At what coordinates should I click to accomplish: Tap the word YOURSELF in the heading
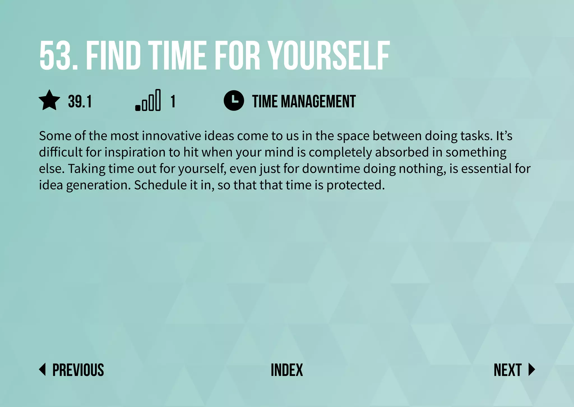pyautogui.click(x=328, y=55)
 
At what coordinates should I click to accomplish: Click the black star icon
pyautogui.click(x=49, y=101)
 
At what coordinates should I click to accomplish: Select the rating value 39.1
pyautogui.click(x=80, y=101)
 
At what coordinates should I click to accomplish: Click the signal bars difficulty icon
pyautogui.click(x=148, y=100)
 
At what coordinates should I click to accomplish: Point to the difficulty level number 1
pyautogui.click(x=173, y=101)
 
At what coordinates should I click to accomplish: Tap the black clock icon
pyautogui.click(x=234, y=101)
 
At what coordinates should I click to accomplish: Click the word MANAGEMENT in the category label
pyautogui.click(x=318, y=101)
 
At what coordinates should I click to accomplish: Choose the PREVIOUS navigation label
pyautogui.click(x=78, y=370)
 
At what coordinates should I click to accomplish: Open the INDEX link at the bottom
pyautogui.click(x=287, y=370)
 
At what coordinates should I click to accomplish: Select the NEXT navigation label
pyautogui.click(x=507, y=370)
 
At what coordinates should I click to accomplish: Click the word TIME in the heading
pyautogui.click(x=177, y=55)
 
